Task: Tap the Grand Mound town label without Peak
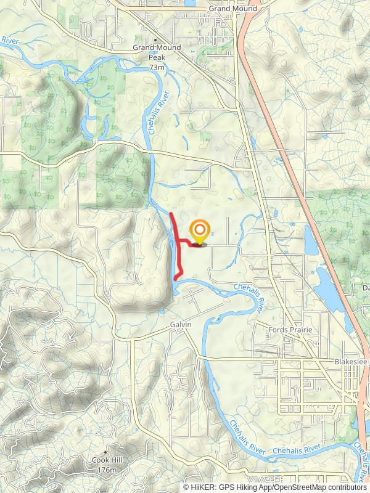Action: pyautogui.click(x=228, y=9)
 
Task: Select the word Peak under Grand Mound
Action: pyautogui.click(x=157, y=57)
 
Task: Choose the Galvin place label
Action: pyautogui.click(x=181, y=324)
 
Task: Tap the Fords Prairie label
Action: pyautogui.click(x=290, y=330)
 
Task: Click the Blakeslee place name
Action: pyautogui.click(x=351, y=362)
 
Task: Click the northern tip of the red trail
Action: pyautogui.click(x=171, y=214)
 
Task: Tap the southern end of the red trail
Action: pyautogui.click(x=177, y=279)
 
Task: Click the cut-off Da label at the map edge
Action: pyautogui.click(x=365, y=288)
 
